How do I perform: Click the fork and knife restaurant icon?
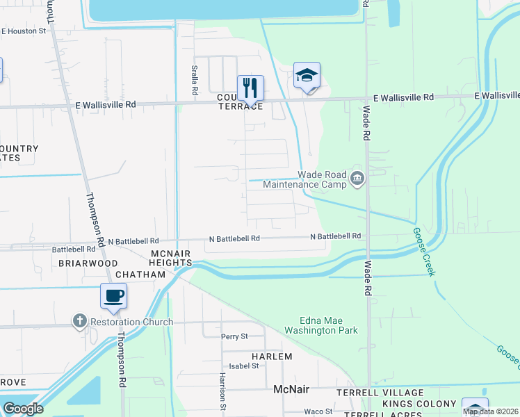pos(250,88)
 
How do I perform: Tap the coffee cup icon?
pos(114,296)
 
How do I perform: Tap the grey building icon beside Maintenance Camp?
pos(357,179)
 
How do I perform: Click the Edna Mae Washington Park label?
pos(329,325)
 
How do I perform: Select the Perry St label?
pos(234,336)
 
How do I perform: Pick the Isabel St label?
pos(244,366)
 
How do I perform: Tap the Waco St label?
pos(319,411)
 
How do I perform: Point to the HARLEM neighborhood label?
pos(273,356)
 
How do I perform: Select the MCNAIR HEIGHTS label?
pos(170,258)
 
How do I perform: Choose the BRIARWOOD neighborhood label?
pos(88,263)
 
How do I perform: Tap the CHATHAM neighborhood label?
pos(140,275)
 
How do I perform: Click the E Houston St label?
pos(24,31)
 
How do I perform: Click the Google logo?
pos(23,408)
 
